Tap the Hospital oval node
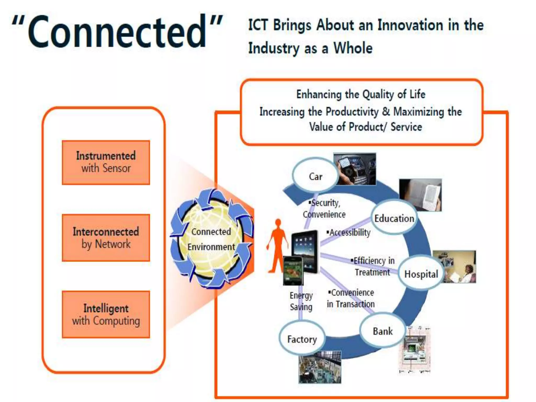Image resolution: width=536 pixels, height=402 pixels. (421, 274)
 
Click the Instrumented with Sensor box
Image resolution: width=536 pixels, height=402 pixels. (106, 162)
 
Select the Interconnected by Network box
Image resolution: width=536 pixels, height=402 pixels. (106, 238)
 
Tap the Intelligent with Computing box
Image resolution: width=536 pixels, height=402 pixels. (106, 314)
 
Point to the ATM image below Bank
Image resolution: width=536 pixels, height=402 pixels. (415, 349)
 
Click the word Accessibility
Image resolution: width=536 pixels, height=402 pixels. (350, 232)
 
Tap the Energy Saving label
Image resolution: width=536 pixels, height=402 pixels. (301, 301)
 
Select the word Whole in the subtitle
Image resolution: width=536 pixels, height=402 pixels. (353, 48)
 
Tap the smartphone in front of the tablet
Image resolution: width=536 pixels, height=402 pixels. (293, 271)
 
